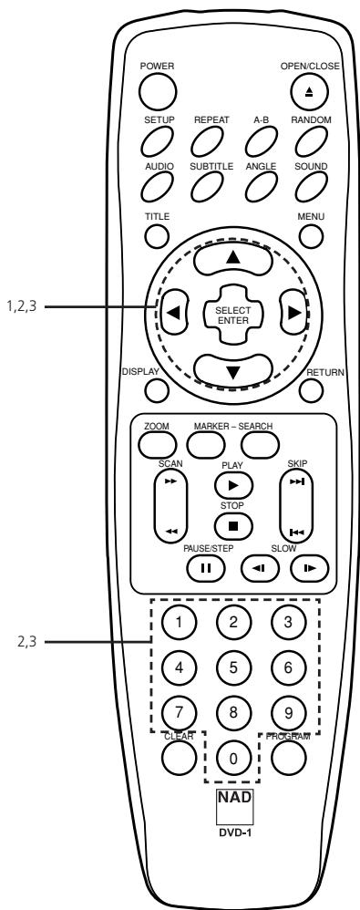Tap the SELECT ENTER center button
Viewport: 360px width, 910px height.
click(233, 315)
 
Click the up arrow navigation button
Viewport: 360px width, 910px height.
click(233, 259)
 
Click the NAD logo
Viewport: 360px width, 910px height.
click(233, 799)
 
